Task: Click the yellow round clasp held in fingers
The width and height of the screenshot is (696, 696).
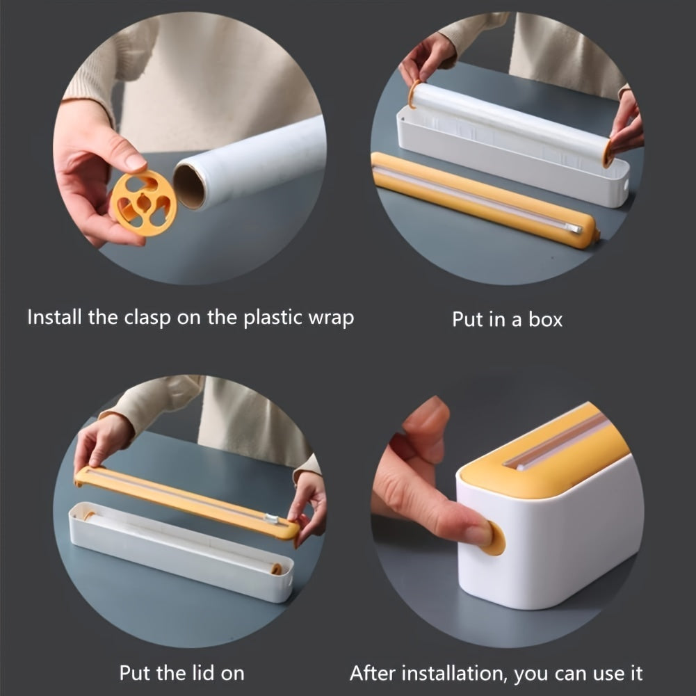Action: tap(143, 202)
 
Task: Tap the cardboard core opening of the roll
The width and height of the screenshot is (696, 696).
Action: tap(190, 184)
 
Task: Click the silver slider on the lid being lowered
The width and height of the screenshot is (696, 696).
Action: tap(271, 519)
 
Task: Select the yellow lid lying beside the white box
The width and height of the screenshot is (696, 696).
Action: tap(483, 199)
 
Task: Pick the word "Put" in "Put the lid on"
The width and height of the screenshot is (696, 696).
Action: tap(136, 673)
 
